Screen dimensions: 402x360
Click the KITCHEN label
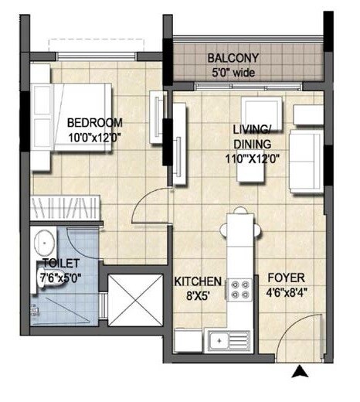198,281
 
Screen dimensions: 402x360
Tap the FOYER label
287,277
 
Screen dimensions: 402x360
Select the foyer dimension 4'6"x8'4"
287,293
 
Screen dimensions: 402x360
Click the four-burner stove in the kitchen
239,289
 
